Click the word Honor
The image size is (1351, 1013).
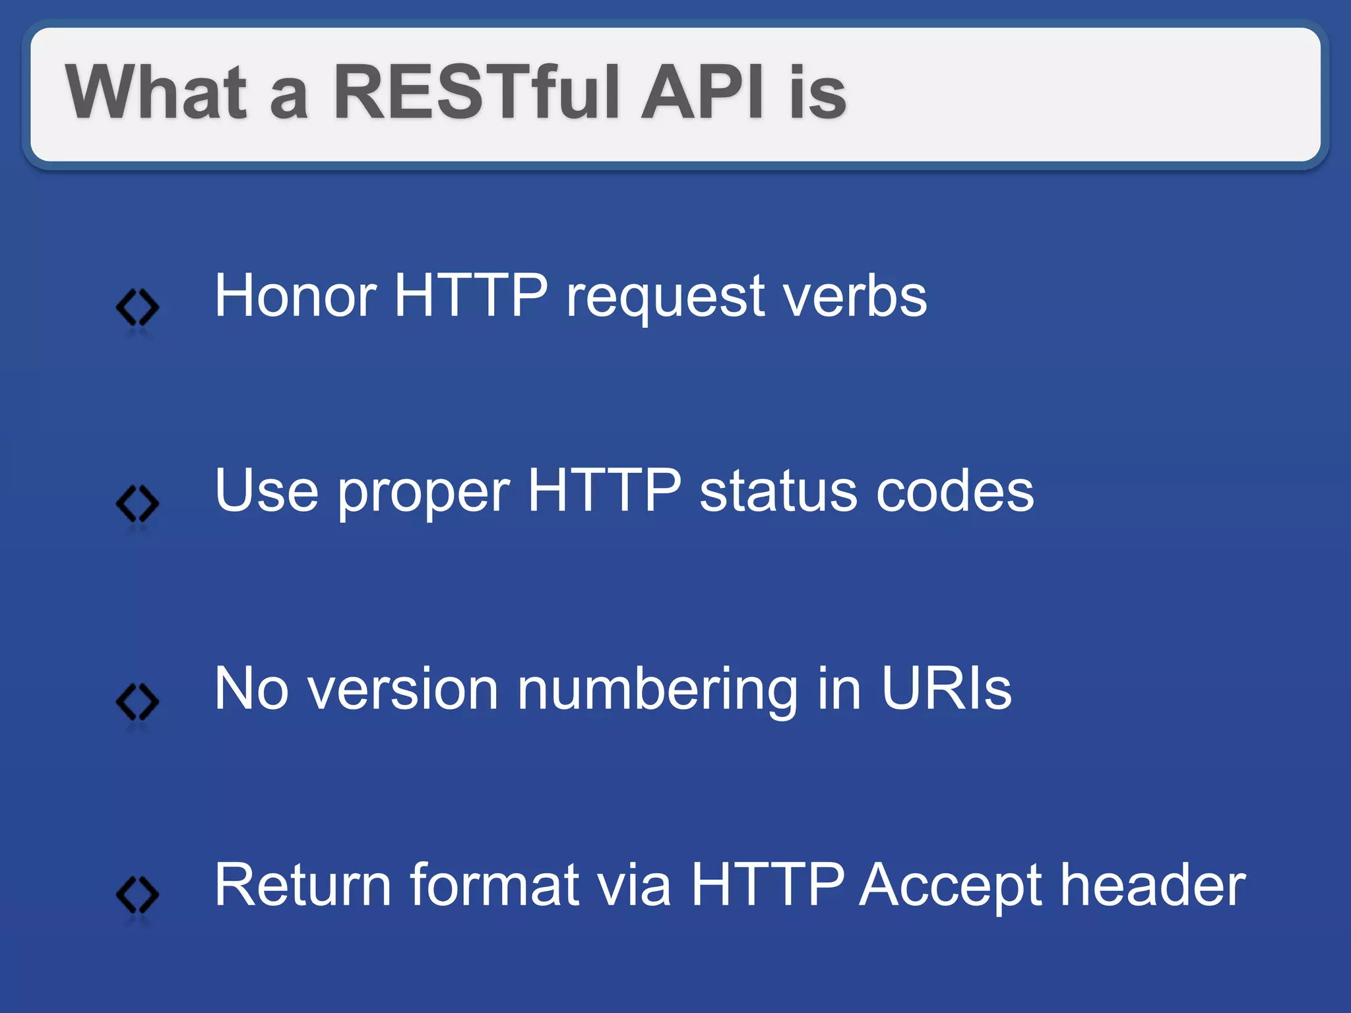point(296,296)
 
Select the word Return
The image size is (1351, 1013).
point(303,885)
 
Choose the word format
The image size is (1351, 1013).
point(494,885)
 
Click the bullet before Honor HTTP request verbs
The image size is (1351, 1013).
point(137,307)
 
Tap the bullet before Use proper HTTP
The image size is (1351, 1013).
point(137,504)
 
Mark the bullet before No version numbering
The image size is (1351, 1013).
point(137,701)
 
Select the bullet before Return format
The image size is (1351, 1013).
point(137,895)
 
